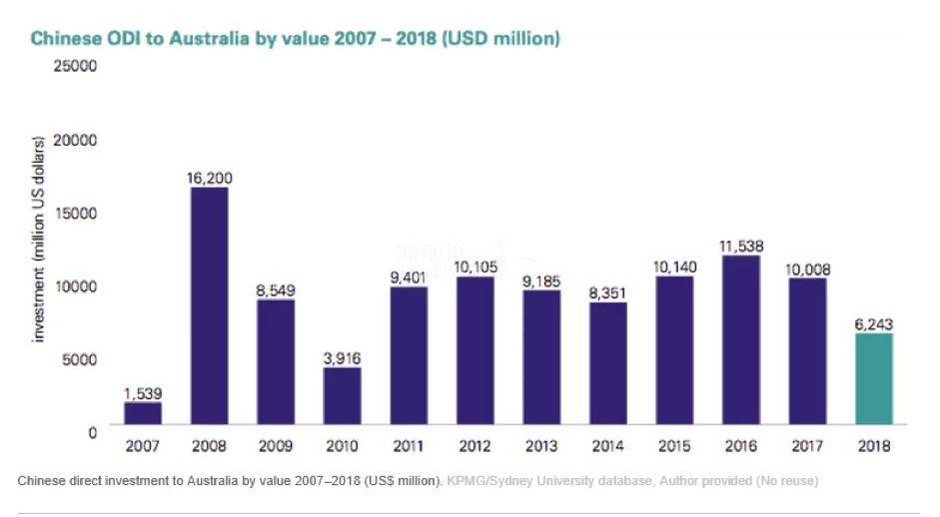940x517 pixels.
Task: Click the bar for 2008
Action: tap(209, 305)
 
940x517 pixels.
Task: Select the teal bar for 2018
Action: tap(874, 378)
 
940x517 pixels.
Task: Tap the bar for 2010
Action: tap(342, 395)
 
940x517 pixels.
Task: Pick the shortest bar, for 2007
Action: tap(143, 413)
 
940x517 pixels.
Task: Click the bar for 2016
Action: tap(741, 339)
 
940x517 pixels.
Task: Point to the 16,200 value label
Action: tap(209, 179)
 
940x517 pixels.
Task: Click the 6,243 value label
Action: tap(874, 324)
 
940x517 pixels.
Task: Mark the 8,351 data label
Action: tap(608, 292)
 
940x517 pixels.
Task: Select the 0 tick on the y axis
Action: tap(91, 431)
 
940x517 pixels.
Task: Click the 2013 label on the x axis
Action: tap(541, 446)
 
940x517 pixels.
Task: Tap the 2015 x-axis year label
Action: tap(674, 446)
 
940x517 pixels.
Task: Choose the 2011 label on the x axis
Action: tap(409, 446)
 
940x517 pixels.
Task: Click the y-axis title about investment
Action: tap(40, 240)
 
